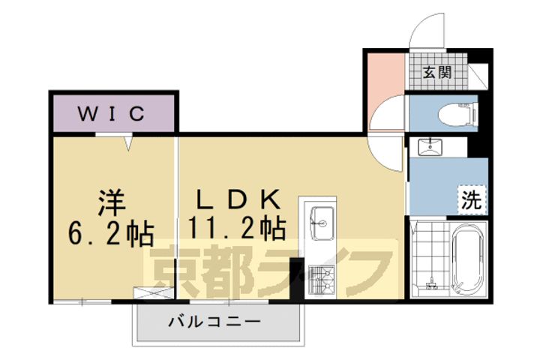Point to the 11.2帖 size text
[238, 228]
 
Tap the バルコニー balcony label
[214, 322]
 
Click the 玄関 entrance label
[437, 73]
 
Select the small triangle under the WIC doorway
[128, 140]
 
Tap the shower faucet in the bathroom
[430, 284]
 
